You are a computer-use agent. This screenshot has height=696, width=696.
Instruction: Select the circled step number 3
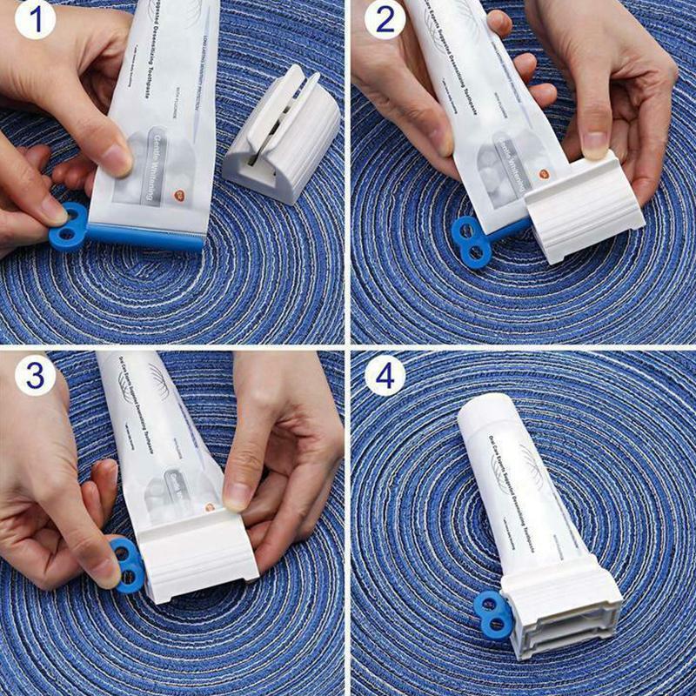click(x=34, y=376)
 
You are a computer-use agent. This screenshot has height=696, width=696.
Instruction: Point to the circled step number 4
click(x=385, y=376)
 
